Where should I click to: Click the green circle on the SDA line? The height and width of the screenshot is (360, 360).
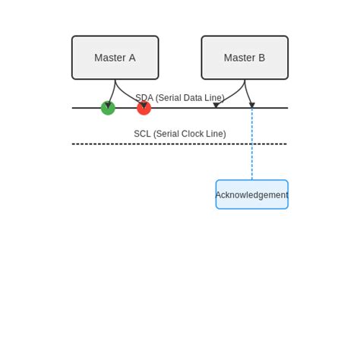(x=108, y=108)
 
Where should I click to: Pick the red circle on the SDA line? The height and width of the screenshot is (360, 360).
(x=144, y=108)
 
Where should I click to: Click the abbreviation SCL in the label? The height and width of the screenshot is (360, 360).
(x=143, y=134)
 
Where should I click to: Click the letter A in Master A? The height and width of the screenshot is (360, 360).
(x=132, y=58)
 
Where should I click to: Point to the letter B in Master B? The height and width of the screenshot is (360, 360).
(x=262, y=58)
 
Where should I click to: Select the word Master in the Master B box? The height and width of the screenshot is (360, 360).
(x=239, y=58)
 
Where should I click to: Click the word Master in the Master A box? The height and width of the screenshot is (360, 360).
(x=109, y=58)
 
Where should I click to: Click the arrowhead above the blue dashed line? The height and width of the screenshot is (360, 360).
(x=251, y=106)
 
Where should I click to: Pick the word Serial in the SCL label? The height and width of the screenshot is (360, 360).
(x=167, y=134)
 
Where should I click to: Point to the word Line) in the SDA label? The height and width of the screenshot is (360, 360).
(x=216, y=98)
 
